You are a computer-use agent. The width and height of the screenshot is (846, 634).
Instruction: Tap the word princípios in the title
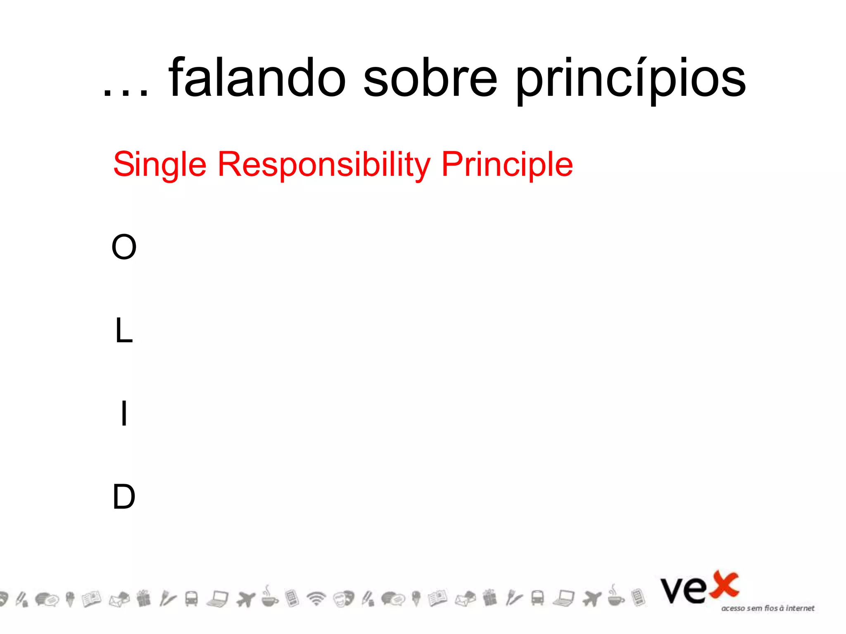631,79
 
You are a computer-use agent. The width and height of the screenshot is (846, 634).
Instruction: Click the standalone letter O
124,247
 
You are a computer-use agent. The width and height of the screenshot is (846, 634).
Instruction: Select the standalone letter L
124,331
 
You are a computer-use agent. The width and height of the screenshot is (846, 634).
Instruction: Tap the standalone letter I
124,414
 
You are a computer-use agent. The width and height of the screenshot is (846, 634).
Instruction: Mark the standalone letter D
124,497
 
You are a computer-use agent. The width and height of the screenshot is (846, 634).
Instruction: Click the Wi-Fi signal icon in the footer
316,598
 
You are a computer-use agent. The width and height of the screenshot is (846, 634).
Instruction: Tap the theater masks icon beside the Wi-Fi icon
344,598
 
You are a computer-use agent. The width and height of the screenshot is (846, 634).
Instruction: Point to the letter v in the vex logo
672,591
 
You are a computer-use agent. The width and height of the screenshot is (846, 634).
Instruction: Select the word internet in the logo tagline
800,608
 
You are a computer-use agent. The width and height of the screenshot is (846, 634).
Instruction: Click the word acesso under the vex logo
733,608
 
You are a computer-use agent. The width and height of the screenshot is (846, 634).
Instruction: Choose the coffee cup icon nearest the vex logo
615,597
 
